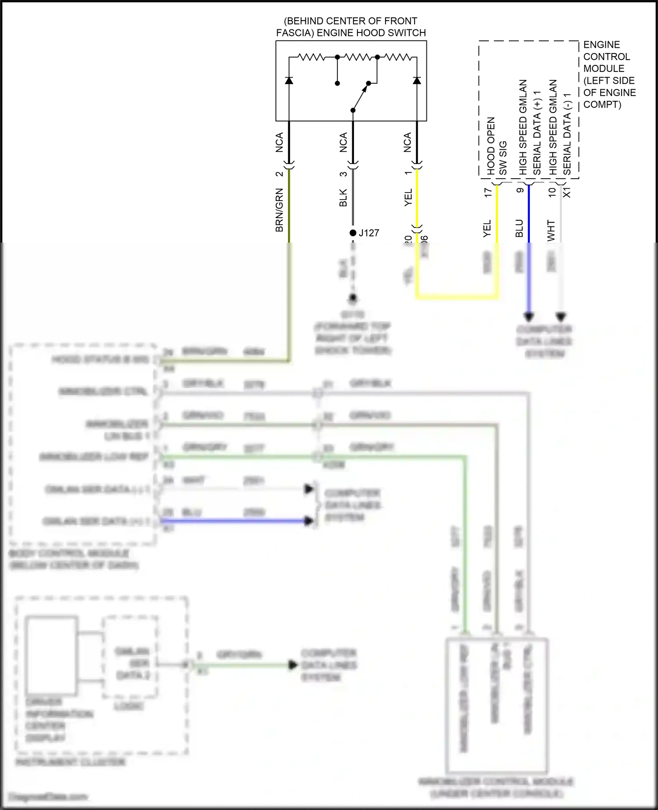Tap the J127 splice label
[x=369, y=233]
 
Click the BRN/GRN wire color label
[x=279, y=210]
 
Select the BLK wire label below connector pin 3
[x=343, y=197]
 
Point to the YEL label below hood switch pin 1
[x=408, y=197]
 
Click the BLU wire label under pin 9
[x=519, y=229]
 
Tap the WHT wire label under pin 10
[x=551, y=230]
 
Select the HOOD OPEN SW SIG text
[x=497, y=146]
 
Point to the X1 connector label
[x=567, y=192]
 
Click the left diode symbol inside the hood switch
[x=289, y=80]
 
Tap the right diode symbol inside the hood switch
[x=417, y=80]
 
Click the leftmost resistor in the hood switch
[x=311, y=57]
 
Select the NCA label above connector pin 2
[x=279, y=143]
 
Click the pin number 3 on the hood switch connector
[x=343, y=174]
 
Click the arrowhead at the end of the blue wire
[x=529, y=316]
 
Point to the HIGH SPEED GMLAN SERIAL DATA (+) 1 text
[x=530, y=127]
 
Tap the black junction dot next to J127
[x=353, y=233]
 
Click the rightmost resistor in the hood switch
[x=397, y=57]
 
